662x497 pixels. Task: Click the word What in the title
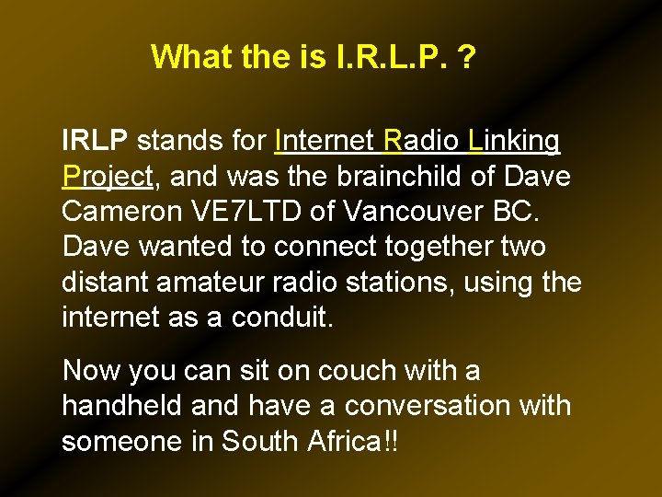click(190, 57)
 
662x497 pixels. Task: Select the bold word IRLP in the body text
click(96, 141)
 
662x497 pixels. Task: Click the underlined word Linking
click(514, 141)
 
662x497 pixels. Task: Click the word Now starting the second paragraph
click(91, 371)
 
